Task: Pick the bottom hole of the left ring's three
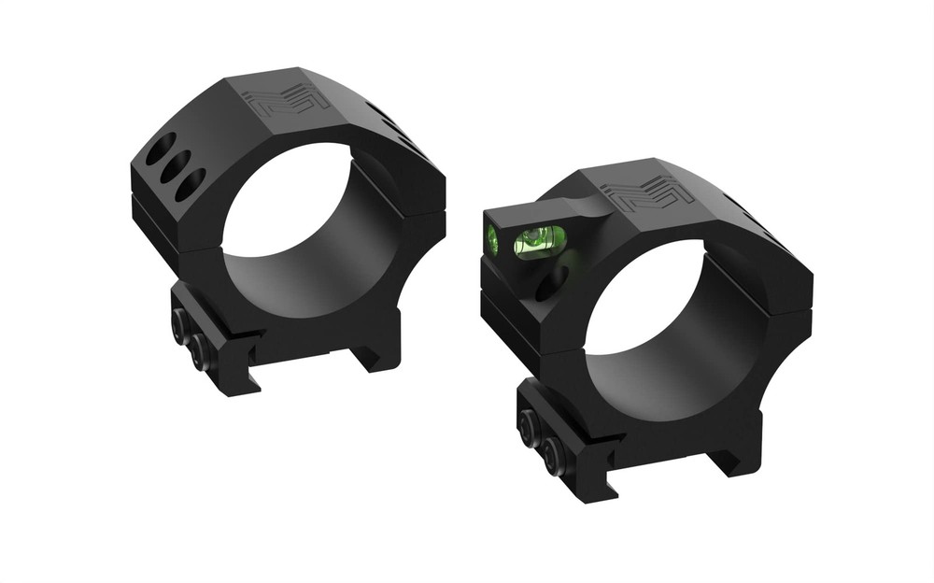190,182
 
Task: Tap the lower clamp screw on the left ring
198,352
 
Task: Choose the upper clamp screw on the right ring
530,427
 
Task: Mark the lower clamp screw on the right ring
551,455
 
